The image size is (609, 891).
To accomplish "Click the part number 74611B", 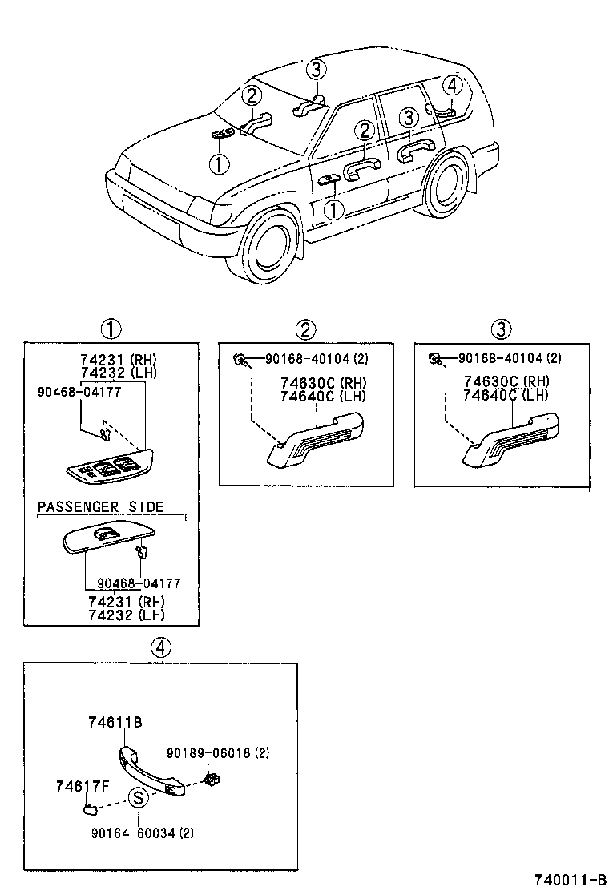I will pyautogui.click(x=115, y=721).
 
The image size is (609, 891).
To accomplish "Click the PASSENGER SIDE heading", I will pyautogui.click(x=100, y=506).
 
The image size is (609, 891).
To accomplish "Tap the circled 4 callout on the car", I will pyautogui.click(x=452, y=85).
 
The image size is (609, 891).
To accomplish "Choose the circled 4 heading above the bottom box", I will pyautogui.click(x=160, y=648).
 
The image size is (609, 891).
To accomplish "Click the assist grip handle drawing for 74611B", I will pyautogui.click(x=152, y=769).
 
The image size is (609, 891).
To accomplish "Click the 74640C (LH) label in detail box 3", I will pyautogui.click(x=505, y=395).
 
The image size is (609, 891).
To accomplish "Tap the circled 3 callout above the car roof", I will pyautogui.click(x=317, y=70).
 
